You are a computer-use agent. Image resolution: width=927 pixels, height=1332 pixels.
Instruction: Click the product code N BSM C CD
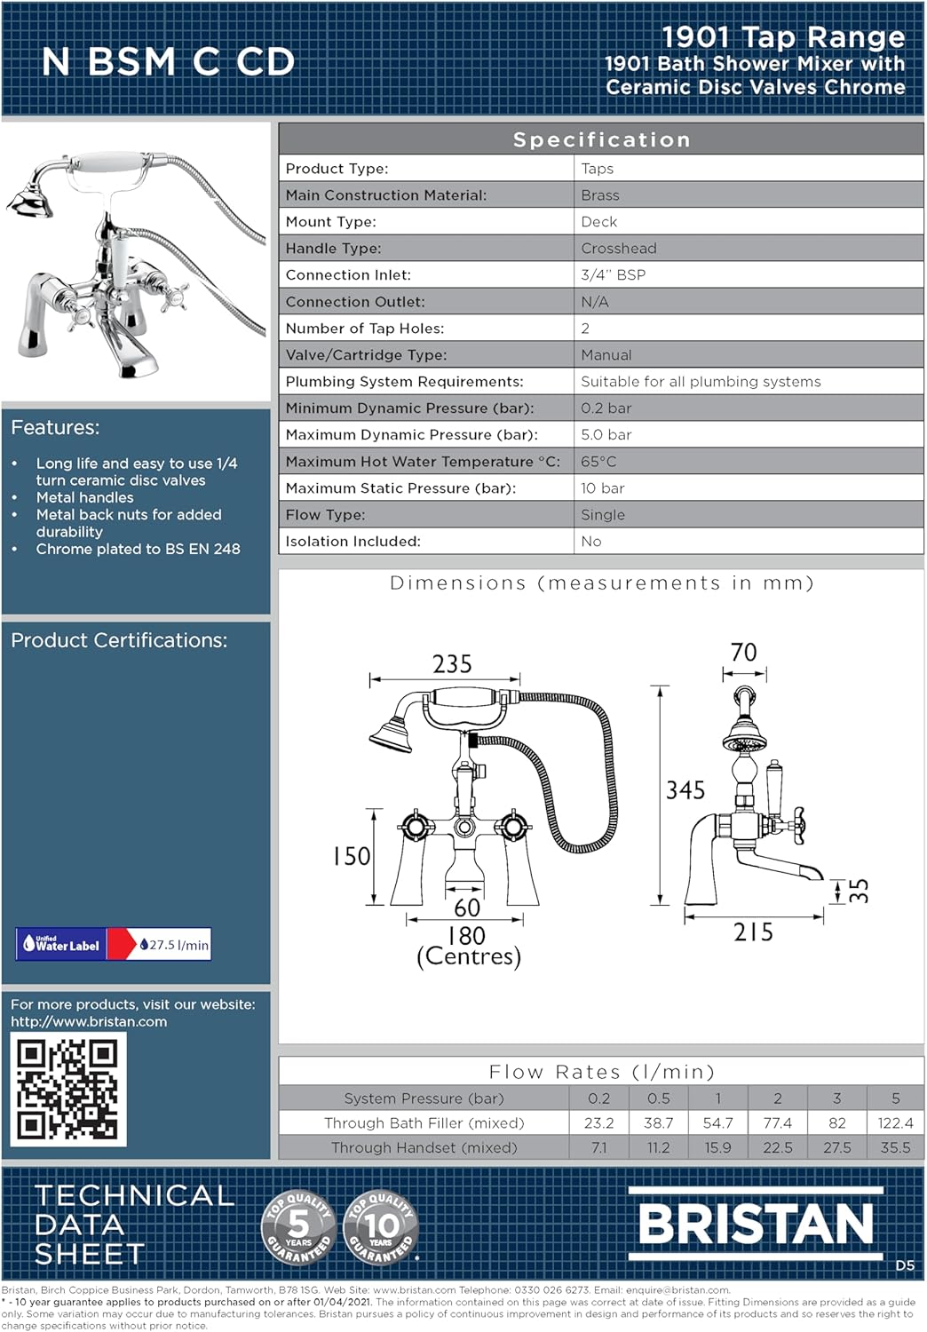[x=168, y=62]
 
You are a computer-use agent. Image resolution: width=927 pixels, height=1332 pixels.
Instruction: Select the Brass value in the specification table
[x=600, y=195]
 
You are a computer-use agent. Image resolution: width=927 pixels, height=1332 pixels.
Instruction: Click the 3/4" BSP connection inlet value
[x=613, y=275]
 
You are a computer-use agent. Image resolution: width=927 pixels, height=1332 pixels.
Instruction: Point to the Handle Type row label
[x=333, y=249]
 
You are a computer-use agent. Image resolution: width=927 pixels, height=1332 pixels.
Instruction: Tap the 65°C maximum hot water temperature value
[x=598, y=462]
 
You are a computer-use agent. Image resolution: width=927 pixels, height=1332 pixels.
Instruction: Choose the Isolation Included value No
[x=591, y=542]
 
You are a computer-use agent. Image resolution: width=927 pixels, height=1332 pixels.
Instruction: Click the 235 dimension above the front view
[x=452, y=664]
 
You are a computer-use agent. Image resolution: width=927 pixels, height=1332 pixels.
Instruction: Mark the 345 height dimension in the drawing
[x=685, y=789]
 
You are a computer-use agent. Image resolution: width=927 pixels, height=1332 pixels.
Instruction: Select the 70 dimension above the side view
[x=743, y=653]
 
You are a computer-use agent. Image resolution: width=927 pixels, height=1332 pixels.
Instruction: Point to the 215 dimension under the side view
[x=753, y=932]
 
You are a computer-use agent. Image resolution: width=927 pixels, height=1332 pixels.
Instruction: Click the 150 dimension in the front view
[x=352, y=856]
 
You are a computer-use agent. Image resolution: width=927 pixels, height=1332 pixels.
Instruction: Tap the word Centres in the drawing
[x=469, y=957]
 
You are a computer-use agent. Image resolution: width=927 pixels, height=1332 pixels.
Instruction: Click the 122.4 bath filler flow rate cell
[x=895, y=1123]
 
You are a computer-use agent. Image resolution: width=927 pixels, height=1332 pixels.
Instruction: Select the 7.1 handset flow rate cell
[x=599, y=1148]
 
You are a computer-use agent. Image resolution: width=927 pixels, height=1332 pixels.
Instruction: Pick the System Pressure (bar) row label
[x=424, y=1098]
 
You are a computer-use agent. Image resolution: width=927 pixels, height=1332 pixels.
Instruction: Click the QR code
[x=68, y=1089]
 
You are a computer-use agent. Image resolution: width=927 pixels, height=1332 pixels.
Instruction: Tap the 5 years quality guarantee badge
[x=298, y=1226]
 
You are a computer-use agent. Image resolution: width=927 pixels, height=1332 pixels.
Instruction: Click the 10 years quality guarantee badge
[x=380, y=1226]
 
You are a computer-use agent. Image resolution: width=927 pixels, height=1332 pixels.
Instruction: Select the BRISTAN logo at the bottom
[x=756, y=1224]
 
